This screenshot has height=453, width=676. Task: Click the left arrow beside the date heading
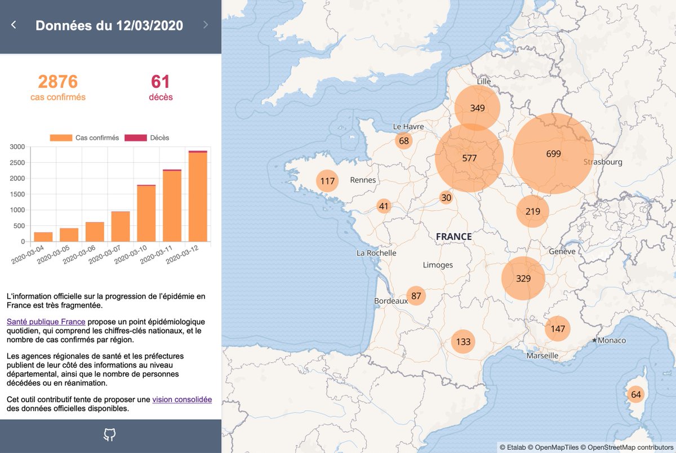point(14,25)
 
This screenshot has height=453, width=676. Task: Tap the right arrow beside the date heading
point(206,25)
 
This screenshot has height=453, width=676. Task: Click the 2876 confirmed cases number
point(58,82)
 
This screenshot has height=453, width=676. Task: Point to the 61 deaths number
point(161,82)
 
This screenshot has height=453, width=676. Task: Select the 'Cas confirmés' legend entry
point(84,137)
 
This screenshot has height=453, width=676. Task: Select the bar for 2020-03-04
point(43,237)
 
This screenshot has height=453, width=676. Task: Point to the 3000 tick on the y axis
point(17,147)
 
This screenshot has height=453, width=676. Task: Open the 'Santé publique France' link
point(46,322)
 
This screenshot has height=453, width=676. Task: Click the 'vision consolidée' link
point(182,399)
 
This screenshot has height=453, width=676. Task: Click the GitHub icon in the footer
point(110,434)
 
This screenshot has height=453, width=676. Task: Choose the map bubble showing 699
point(553,153)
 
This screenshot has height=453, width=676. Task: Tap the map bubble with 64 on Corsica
point(636,394)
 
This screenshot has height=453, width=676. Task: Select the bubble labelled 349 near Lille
point(478,108)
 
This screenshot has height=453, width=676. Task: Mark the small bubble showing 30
point(446,198)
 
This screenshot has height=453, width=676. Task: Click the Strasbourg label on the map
point(603,162)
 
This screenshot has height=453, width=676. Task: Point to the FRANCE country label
point(453,237)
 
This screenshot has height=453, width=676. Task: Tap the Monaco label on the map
point(611,341)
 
